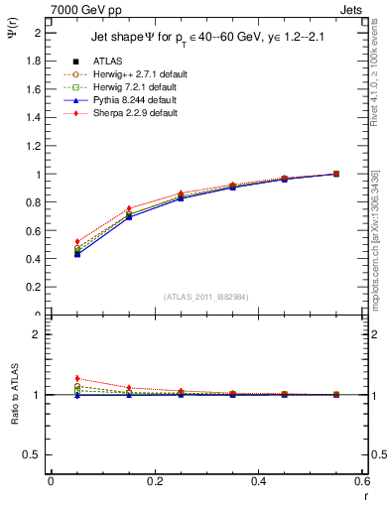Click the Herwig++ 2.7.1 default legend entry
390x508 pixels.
tap(135, 74)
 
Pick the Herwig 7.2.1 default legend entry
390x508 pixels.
tap(132, 87)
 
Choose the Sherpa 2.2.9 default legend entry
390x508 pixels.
tap(131, 113)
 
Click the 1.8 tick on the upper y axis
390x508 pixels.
tap(33, 61)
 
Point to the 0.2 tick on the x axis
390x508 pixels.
tap(155, 480)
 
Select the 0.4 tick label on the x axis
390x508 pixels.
tap(259, 480)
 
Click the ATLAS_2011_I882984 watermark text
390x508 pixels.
tap(207, 297)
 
